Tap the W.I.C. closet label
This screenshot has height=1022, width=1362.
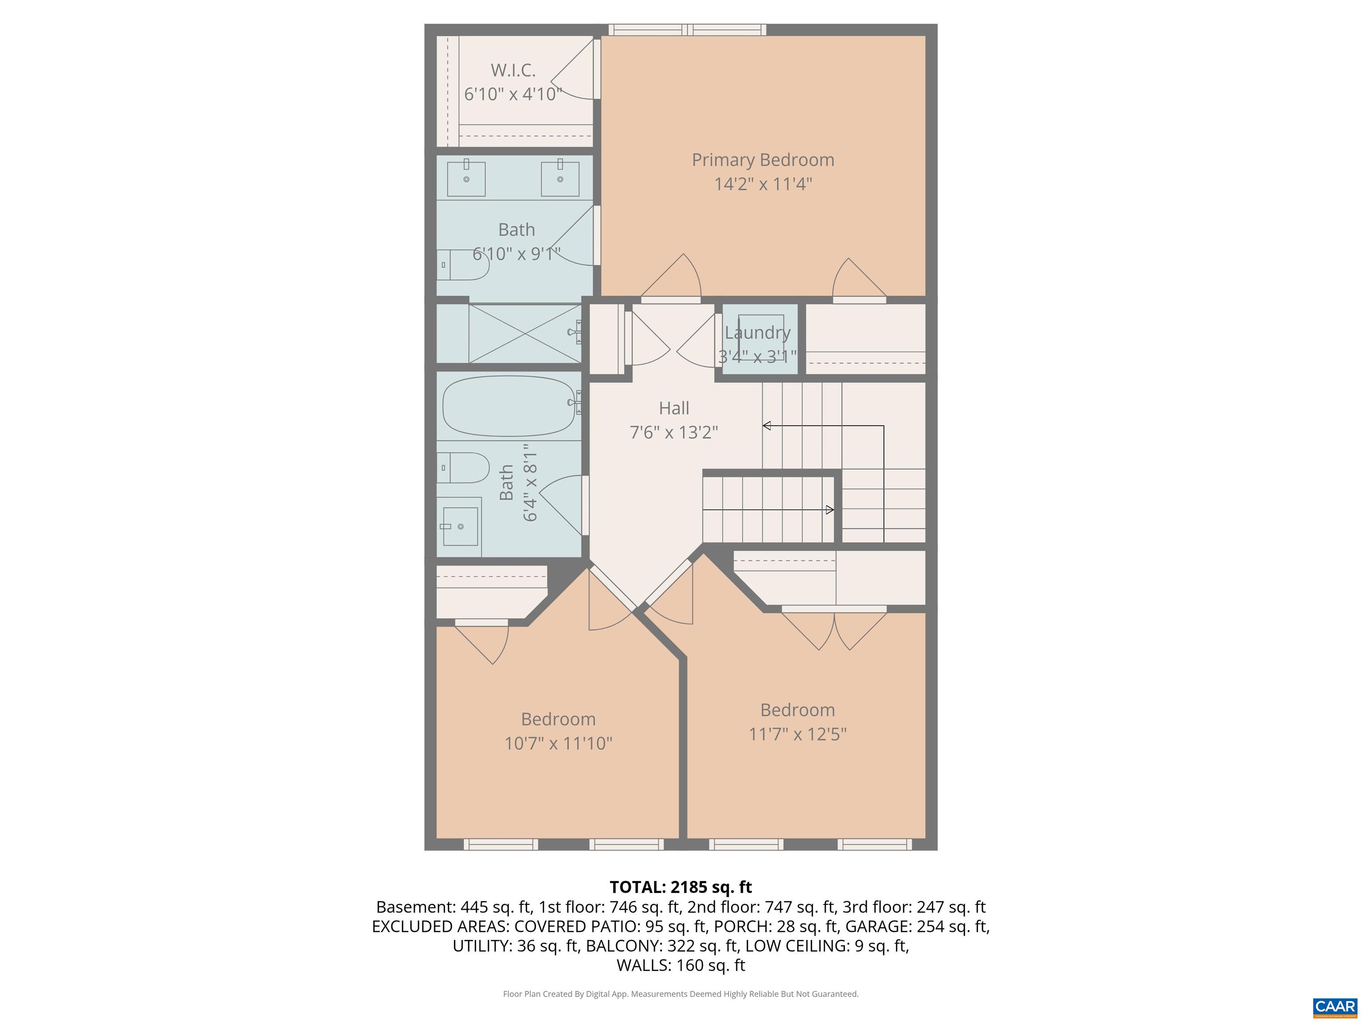tap(513, 70)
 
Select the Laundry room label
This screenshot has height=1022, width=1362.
tap(757, 333)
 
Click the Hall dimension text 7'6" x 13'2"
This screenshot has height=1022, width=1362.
tap(673, 432)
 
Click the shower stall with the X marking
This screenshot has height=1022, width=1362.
tap(524, 333)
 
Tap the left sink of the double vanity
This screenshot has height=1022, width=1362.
tap(466, 179)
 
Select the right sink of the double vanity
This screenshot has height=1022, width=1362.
tap(560, 179)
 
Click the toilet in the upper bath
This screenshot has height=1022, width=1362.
tap(463, 265)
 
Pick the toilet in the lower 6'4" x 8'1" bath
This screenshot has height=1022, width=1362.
tap(463, 468)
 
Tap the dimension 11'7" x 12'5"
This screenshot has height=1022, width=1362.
tap(797, 734)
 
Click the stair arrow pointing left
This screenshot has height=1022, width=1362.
tap(767, 426)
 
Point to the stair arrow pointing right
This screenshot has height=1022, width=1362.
tap(830, 510)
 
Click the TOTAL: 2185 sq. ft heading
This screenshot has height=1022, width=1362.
tap(681, 887)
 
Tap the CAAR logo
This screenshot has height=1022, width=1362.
tap(1335, 1006)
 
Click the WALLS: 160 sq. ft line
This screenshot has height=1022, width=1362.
tap(681, 965)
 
